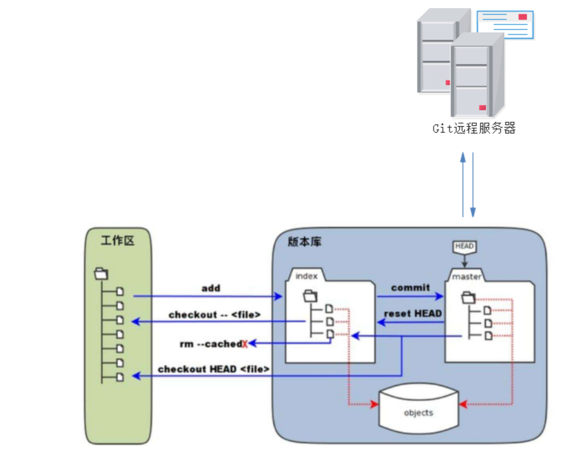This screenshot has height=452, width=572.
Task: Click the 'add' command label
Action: (x=211, y=288)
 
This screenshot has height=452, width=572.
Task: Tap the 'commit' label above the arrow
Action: (x=410, y=288)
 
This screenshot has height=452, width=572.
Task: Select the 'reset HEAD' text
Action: (x=413, y=314)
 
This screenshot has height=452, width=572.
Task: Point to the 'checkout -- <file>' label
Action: (x=214, y=315)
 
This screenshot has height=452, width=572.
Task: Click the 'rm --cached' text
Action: (x=211, y=344)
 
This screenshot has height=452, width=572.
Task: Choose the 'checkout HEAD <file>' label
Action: (x=213, y=369)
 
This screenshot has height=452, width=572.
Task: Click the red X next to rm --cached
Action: (x=245, y=344)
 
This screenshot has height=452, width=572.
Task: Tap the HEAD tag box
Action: (x=464, y=246)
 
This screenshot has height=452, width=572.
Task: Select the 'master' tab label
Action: (x=467, y=277)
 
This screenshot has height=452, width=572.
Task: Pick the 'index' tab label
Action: (x=306, y=276)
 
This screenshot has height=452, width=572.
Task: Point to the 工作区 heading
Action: (x=117, y=241)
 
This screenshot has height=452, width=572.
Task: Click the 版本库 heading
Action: (x=304, y=242)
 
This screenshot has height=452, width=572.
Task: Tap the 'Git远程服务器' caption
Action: (x=474, y=128)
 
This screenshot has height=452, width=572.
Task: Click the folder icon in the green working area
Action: (x=101, y=274)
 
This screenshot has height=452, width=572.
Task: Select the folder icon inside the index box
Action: (x=310, y=296)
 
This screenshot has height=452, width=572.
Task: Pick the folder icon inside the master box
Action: (x=469, y=297)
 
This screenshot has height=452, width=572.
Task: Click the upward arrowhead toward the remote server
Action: (x=463, y=158)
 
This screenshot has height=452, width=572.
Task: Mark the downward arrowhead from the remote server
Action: (x=473, y=211)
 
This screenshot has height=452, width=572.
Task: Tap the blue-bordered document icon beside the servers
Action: (x=505, y=24)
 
